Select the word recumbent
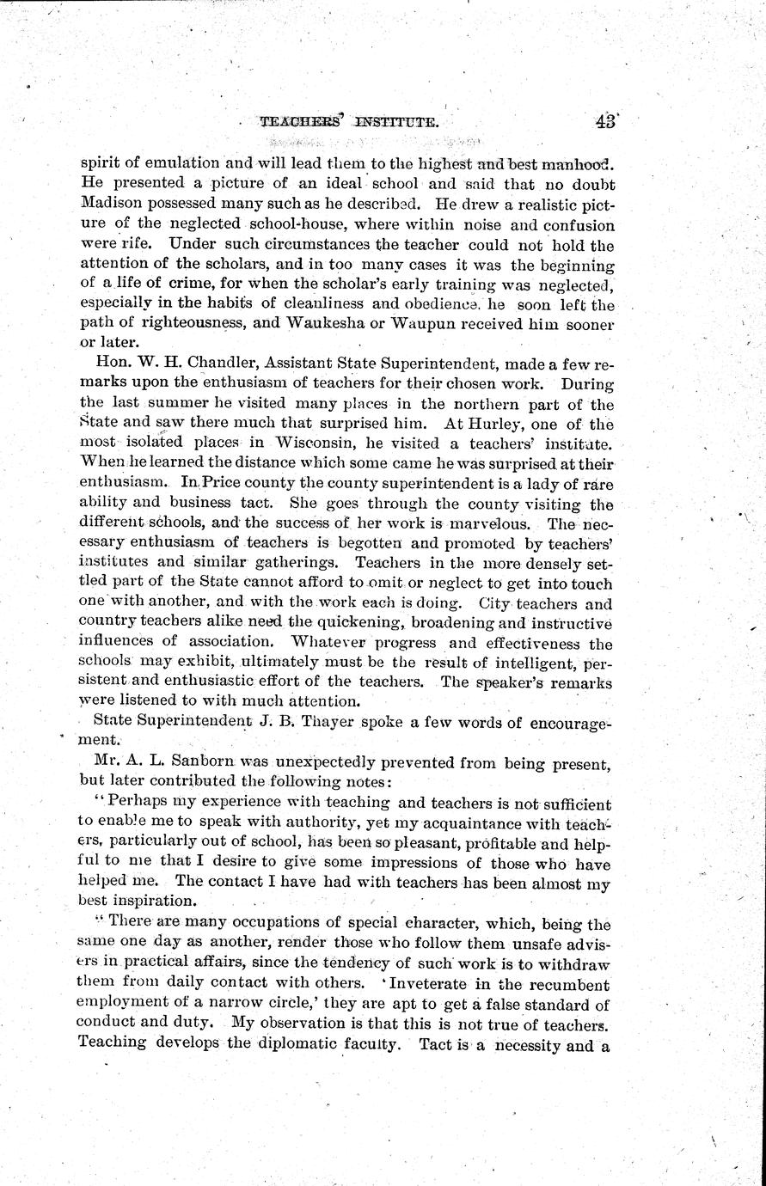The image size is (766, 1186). point(567,985)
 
